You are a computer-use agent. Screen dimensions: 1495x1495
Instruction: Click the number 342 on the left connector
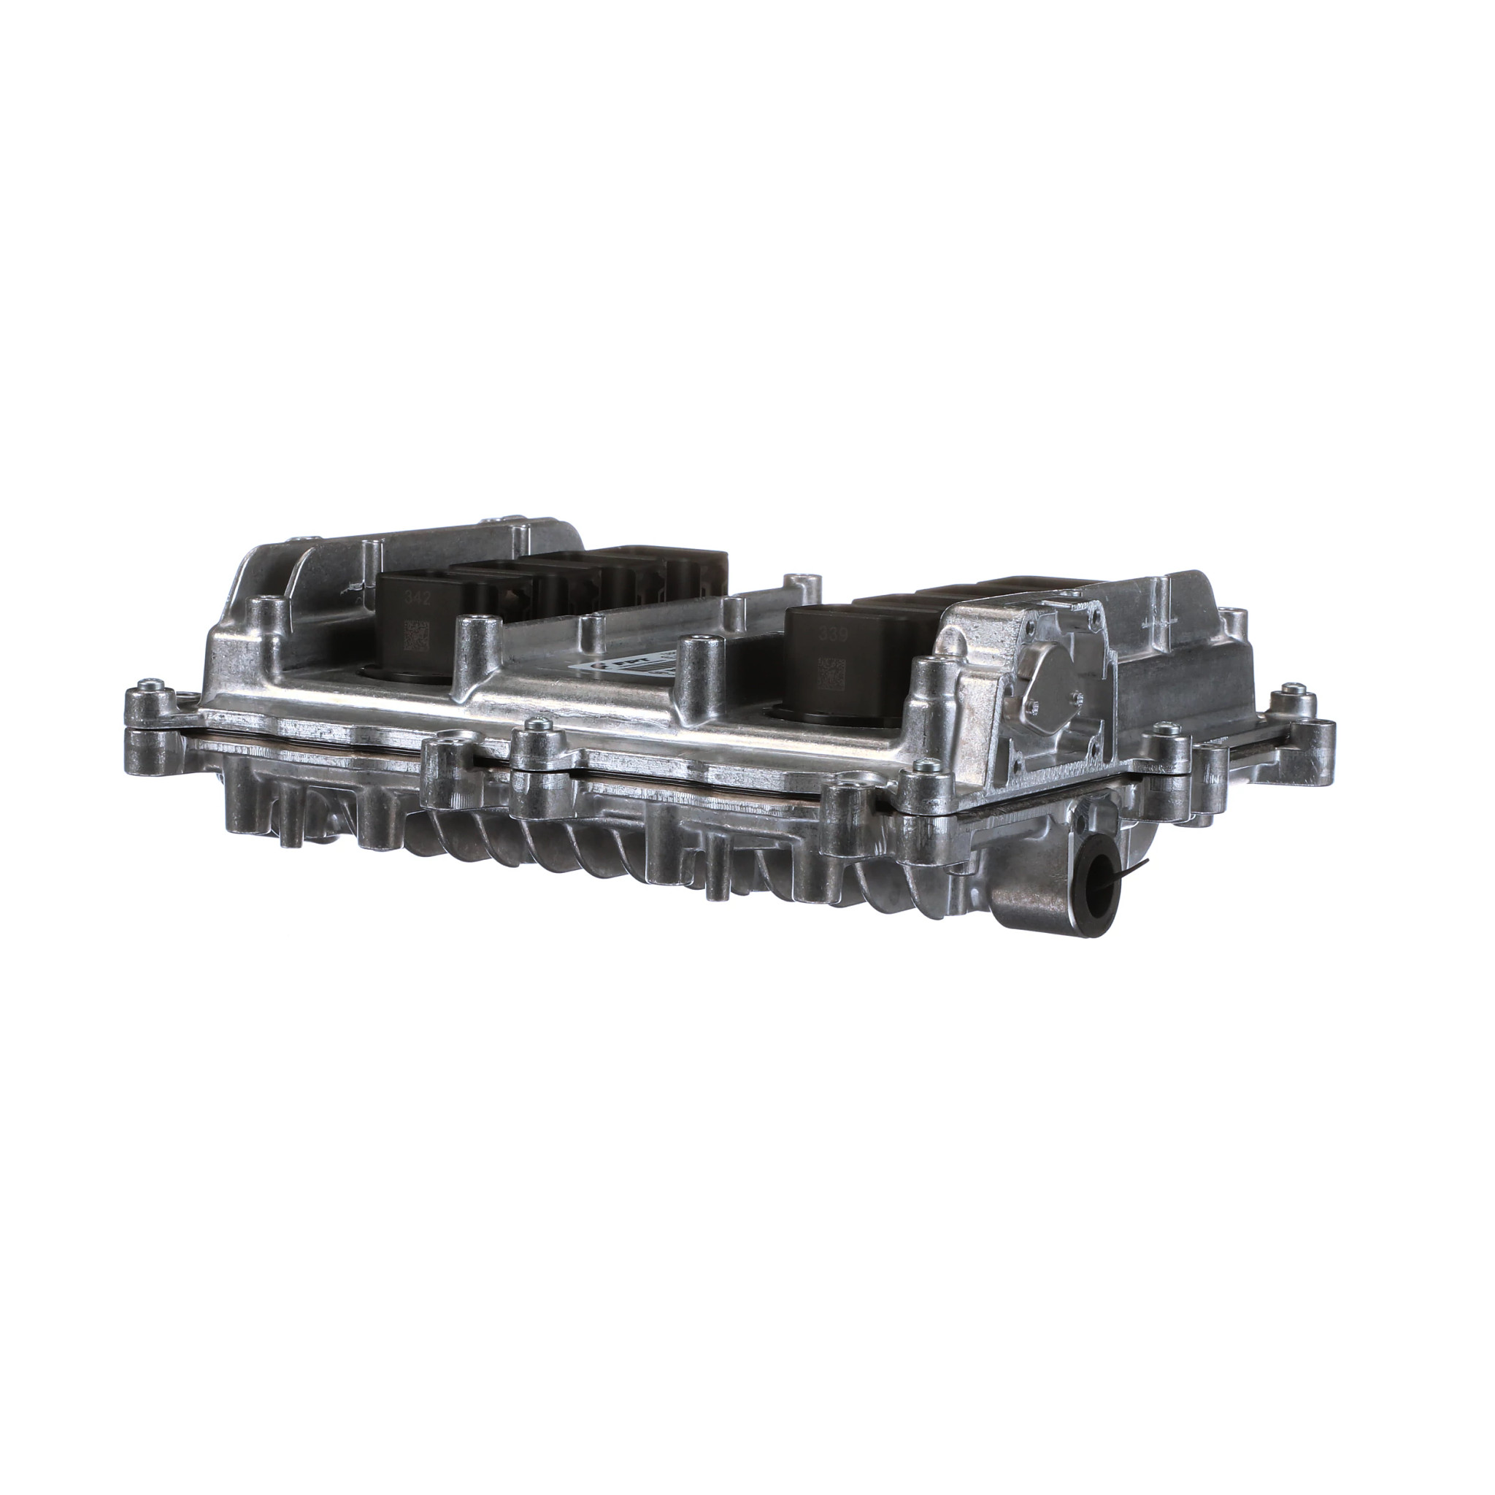pos(412,597)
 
